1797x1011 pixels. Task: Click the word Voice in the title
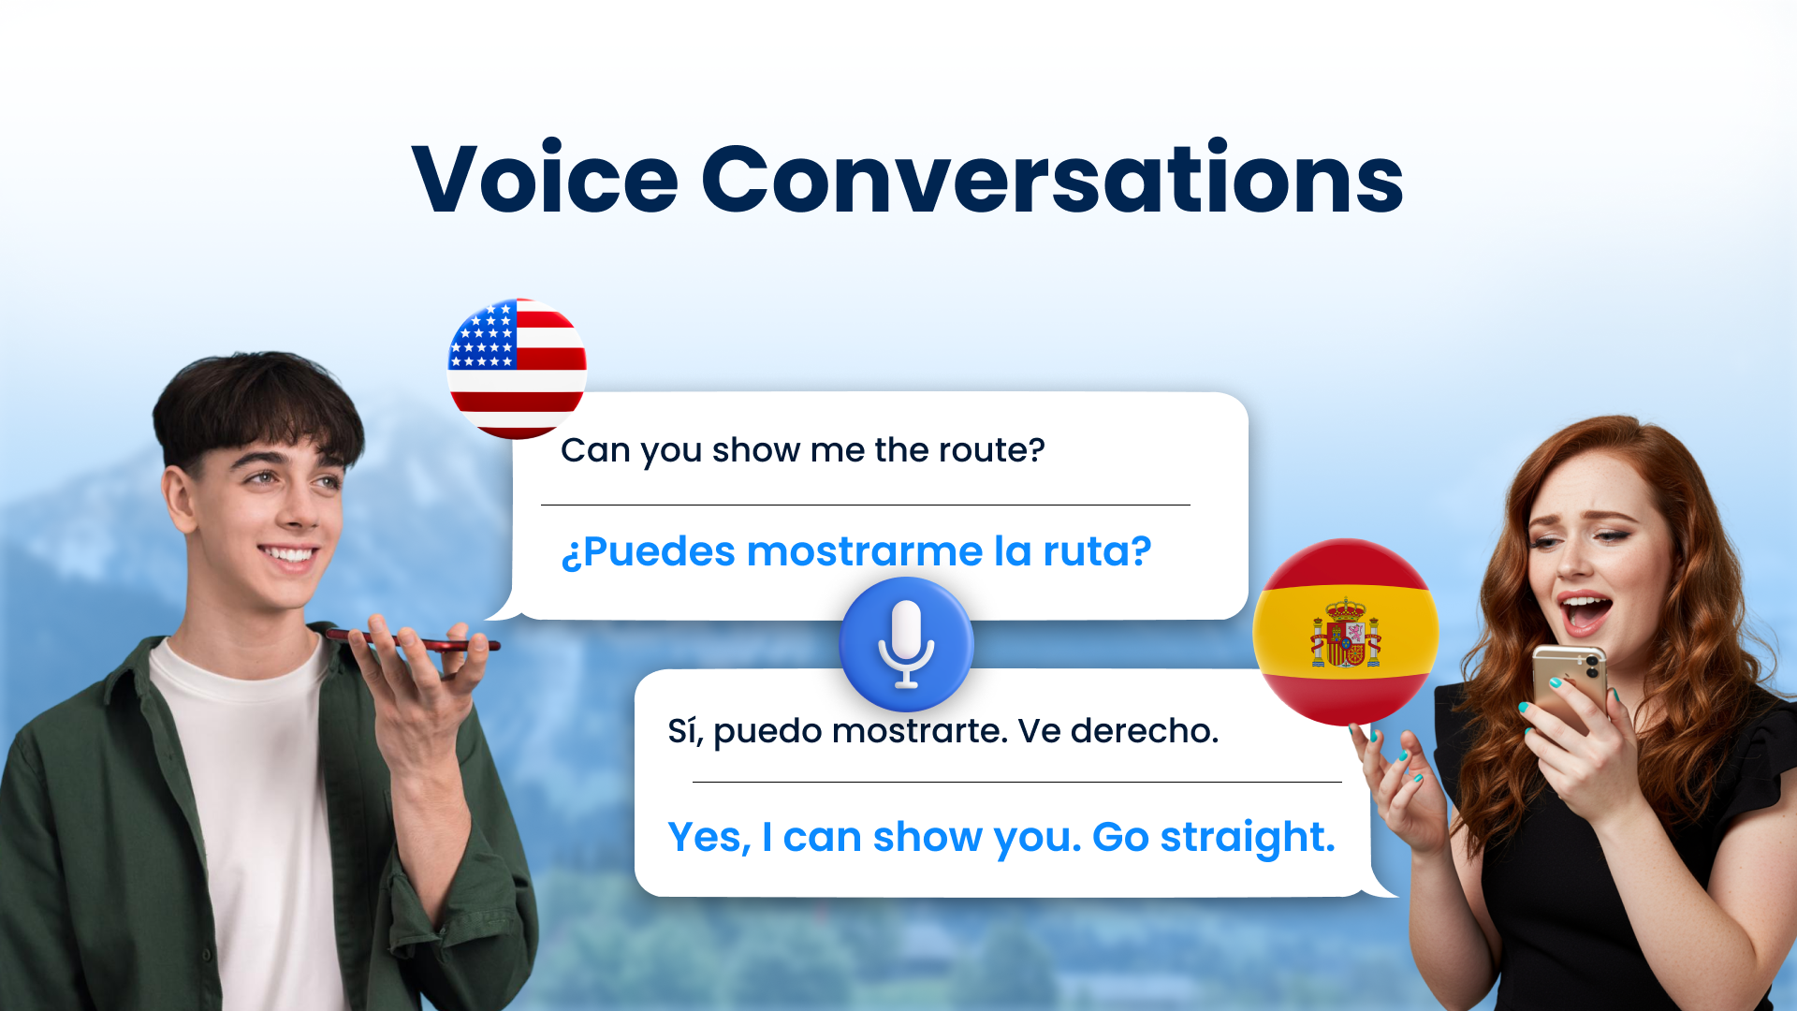(x=545, y=179)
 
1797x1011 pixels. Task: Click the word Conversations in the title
(x=1053, y=178)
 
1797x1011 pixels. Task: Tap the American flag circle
(x=518, y=369)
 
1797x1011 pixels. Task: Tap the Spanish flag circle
(x=1346, y=632)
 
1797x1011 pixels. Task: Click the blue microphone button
(x=906, y=644)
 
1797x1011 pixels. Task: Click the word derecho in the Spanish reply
(x=1145, y=731)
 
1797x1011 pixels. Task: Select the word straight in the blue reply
(x=1248, y=838)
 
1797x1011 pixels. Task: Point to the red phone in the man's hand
(x=412, y=641)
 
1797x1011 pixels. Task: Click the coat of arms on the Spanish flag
(x=1346, y=634)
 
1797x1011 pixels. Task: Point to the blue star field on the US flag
(x=483, y=335)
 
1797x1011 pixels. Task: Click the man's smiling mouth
(x=290, y=554)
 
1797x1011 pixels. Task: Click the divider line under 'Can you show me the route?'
(x=866, y=505)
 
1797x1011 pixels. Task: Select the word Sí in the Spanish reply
(x=685, y=731)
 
